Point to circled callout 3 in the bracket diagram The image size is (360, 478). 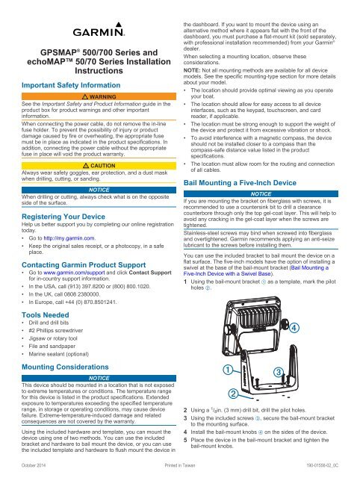[x=277, y=371]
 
